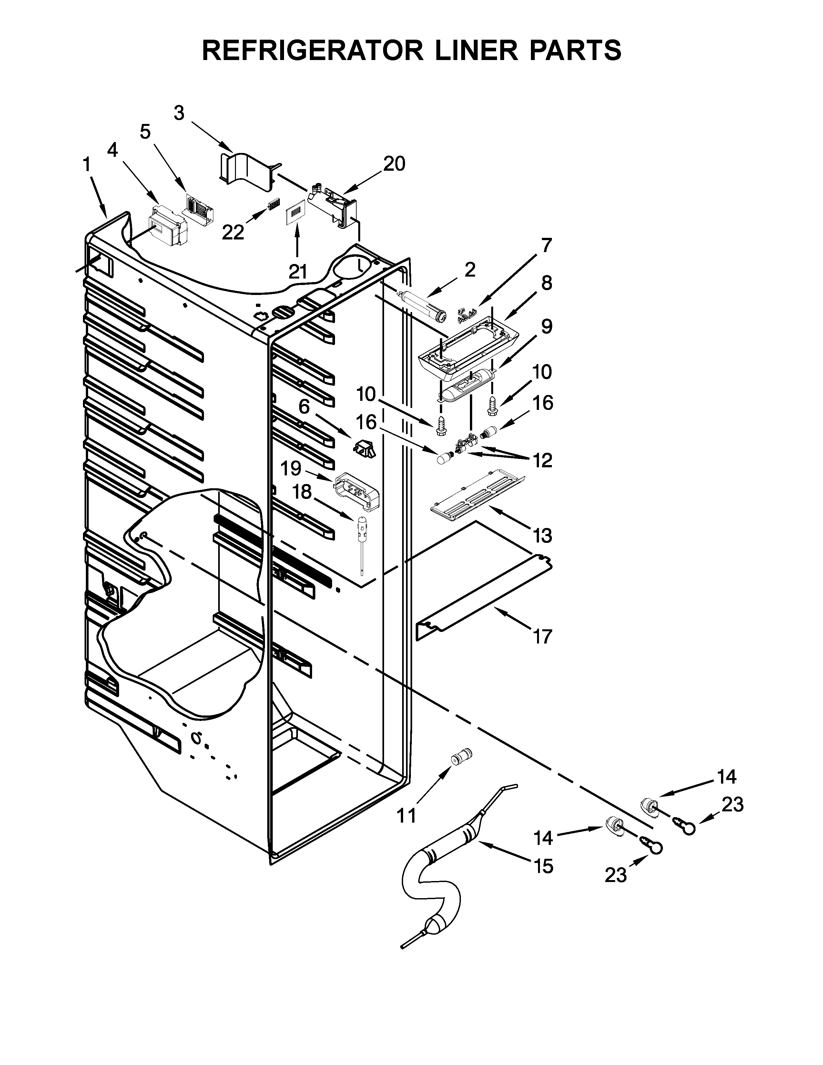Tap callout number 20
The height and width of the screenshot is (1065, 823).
tap(394, 164)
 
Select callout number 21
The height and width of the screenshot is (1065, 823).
tap(298, 272)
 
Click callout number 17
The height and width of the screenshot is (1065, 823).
tap(542, 636)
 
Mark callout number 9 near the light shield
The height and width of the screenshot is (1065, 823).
tap(546, 326)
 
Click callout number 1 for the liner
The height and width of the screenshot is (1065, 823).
tap(86, 165)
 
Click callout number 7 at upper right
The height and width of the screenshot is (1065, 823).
tap(546, 245)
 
